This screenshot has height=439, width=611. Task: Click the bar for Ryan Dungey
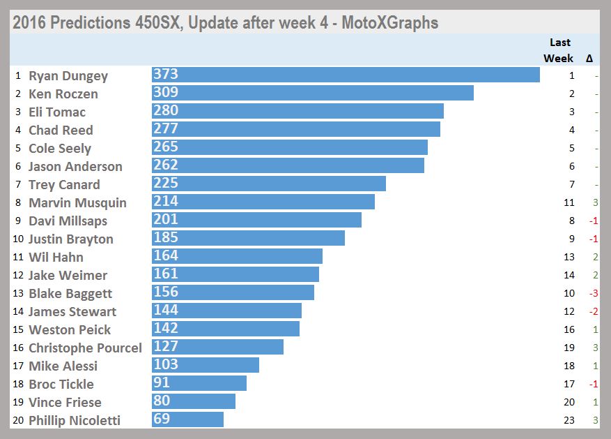point(346,75)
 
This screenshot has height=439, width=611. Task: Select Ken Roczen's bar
point(313,93)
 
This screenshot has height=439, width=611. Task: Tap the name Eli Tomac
point(57,112)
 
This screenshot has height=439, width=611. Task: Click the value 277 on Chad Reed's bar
point(166,129)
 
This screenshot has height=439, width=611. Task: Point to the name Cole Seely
point(60,148)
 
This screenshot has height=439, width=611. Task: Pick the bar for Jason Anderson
point(288,165)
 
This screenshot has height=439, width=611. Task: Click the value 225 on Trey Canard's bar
point(166,184)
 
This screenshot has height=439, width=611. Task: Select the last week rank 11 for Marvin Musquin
point(569,202)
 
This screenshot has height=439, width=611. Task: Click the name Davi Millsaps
point(68,221)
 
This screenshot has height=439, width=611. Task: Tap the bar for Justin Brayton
point(248,238)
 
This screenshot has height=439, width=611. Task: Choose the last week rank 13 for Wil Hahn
point(569,257)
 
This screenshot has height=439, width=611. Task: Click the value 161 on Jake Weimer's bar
point(166,274)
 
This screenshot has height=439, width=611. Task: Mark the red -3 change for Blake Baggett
point(594,293)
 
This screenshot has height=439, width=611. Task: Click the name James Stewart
point(72,311)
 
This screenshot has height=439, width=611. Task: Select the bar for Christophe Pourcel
point(217,347)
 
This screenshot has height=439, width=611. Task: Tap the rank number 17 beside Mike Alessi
point(18,366)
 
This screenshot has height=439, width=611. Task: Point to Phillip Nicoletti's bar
point(187,419)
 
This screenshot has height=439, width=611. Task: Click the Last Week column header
point(559,50)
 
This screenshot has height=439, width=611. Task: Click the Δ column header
point(589,59)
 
